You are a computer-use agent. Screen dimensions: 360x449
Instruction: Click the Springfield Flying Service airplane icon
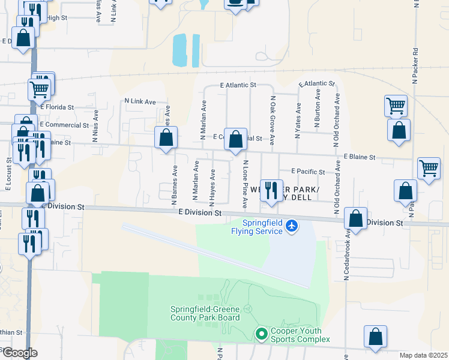(292, 226)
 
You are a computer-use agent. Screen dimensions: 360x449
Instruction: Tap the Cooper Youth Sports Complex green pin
(261, 334)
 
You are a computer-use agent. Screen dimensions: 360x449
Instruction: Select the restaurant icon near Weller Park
(271, 191)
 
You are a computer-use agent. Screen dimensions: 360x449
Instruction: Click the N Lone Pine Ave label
(245, 184)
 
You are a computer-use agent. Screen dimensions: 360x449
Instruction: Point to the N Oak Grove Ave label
(272, 121)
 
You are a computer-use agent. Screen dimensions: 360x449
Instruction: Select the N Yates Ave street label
(297, 120)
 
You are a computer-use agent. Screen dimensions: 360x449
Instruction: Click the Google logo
(19, 353)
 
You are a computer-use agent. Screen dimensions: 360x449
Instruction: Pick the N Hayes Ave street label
(212, 184)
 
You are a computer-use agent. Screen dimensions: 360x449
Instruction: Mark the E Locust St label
(8, 174)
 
